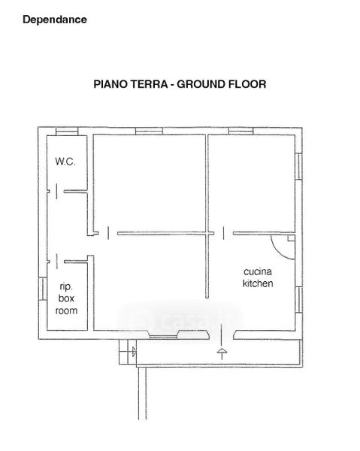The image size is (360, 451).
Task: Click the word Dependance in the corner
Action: click(55, 20)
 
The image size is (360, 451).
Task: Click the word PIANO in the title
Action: click(110, 84)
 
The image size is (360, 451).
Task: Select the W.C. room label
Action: click(65, 162)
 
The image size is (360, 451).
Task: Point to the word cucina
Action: click(258, 271)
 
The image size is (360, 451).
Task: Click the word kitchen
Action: click(258, 283)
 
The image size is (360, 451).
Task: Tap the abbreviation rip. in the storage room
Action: click(66, 287)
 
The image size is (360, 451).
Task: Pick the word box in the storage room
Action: click(66, 298)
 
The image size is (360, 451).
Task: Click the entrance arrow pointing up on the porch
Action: click(222, 353)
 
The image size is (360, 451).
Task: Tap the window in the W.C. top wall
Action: click(67, 131)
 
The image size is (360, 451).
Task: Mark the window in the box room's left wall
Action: click(43, 289)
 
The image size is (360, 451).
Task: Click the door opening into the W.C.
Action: click(56, 191)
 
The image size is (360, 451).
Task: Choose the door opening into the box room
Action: click(57, 261)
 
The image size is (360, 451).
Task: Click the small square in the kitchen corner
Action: click(292, 238)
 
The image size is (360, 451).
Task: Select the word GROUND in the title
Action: click(201, 84)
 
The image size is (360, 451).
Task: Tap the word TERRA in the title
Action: click(149, 84)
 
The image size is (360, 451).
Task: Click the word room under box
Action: click(66, 310)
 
